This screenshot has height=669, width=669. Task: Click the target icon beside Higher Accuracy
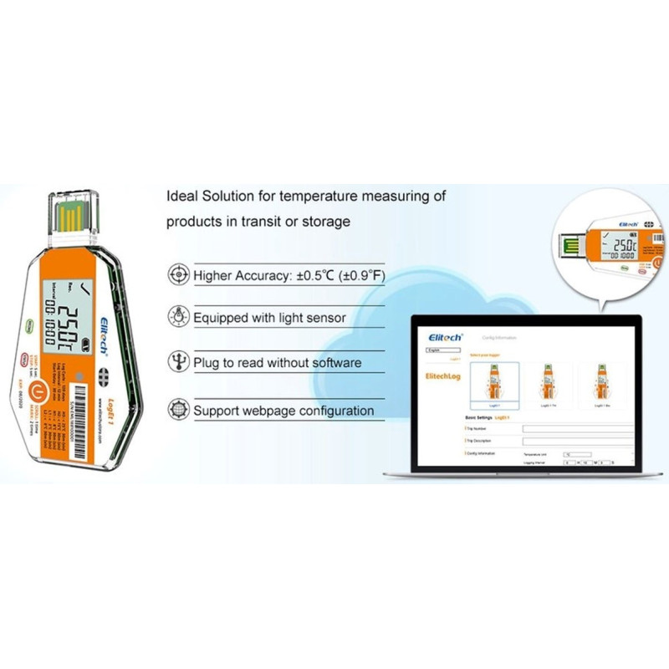click(178, 273)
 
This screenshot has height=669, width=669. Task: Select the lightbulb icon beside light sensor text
click(178, 317)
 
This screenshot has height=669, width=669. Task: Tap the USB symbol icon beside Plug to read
click(178, 362)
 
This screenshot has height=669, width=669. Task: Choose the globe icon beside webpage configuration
click(178, 410)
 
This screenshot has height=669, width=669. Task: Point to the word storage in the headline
click(327, 222)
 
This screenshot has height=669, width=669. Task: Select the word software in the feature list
click(335, 363)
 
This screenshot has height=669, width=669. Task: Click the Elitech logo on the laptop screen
click(446, 337)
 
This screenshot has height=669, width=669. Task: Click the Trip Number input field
click(577, 428)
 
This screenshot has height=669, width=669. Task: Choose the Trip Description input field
click(577, 441)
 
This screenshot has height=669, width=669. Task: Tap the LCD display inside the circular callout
click(623, 245)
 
